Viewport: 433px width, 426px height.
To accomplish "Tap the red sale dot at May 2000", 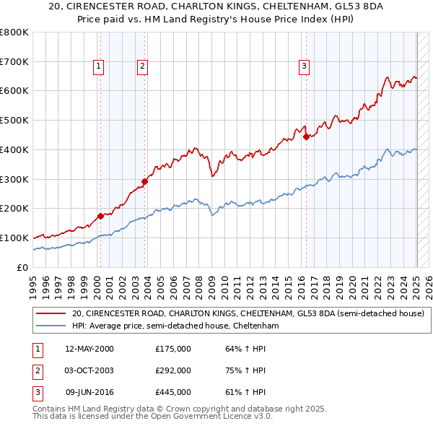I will tap(100, 215).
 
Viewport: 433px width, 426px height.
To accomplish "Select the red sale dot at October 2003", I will tap(145, 181).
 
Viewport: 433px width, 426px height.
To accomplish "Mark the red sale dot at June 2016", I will tap(306, 136).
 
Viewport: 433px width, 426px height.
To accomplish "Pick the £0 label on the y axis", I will tap(23, 267).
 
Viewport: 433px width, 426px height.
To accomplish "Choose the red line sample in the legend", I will tap(51, 314).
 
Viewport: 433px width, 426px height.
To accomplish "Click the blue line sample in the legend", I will tap(51, 326).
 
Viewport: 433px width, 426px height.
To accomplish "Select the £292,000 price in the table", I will tap(173, 370).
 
